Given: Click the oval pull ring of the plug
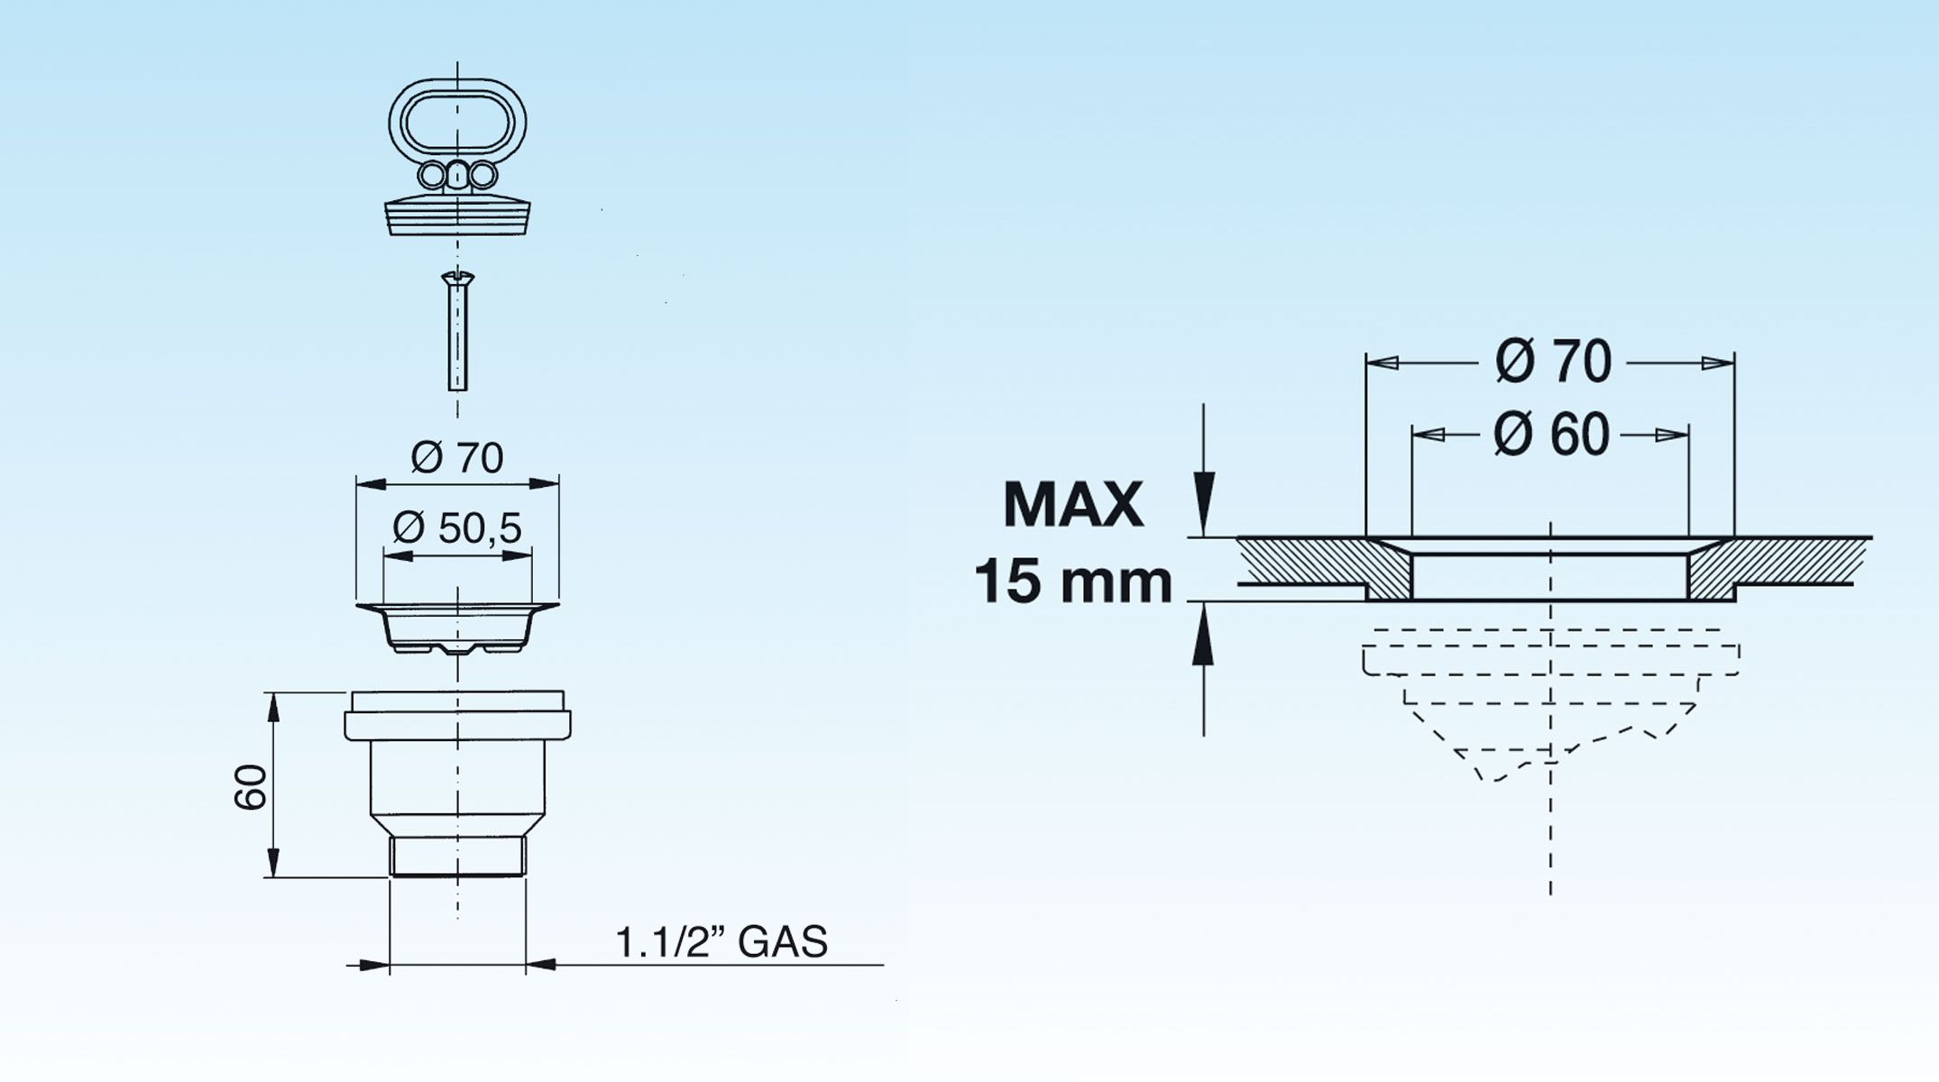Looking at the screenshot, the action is pos(457,123).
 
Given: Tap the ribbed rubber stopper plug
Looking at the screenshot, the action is pos(457,214).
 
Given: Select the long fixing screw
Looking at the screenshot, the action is pos(458,331).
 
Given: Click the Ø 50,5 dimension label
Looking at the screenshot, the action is pos(457,527).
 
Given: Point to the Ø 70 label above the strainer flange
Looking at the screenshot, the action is pos(457,458).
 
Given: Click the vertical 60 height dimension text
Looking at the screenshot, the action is pos(251,787).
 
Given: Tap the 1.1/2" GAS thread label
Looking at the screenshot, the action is pos(721,942).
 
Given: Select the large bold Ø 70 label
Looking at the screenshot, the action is pos(1553,362).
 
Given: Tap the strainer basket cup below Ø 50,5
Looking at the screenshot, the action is pos(457,628).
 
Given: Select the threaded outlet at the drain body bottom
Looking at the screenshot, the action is pos(457,856).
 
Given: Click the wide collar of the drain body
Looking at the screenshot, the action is pos(457,725).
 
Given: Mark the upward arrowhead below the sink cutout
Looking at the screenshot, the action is pos(1203,633).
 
